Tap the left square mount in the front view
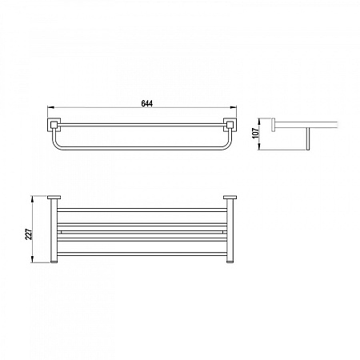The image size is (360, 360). tap(55, 125)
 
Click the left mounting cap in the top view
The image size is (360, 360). tap(55, 198)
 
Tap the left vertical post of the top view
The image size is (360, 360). tap(55, 232)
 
